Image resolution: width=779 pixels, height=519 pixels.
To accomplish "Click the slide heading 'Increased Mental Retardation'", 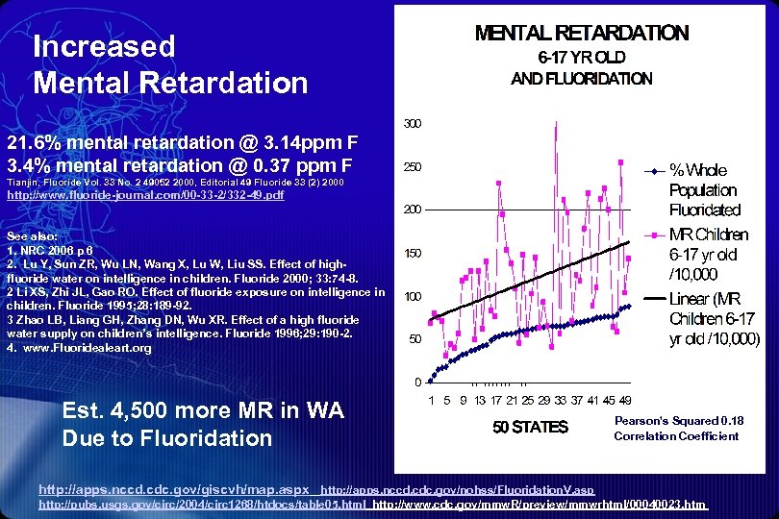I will tap(169, 64).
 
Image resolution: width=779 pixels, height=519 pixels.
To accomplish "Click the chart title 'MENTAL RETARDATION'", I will tap(582, 33).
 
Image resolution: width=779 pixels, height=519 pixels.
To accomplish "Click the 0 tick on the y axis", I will tap(416, 382).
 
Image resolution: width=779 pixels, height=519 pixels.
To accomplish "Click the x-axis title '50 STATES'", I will tap(530, 428).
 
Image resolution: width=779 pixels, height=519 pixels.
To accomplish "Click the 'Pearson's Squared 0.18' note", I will tap(678, 421).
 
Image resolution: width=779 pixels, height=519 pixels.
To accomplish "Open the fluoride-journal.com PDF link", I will tap(145, 195).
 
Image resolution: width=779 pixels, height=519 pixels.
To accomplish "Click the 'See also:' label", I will tap(32, 235).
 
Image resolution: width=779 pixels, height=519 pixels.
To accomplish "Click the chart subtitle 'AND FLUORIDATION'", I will tap(581, 79).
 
